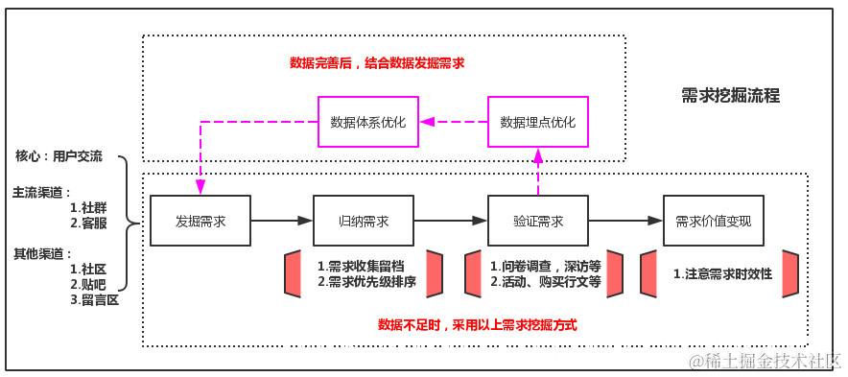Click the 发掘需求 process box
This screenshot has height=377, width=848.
pyautogui.click(x=200, y=220)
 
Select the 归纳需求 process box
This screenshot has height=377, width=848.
pyautogui.click(x=364, y=220)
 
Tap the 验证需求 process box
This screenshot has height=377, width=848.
pyautogui.click(x=538, y=220)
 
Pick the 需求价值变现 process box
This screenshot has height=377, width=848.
pyautogui.click(x=713, y=220)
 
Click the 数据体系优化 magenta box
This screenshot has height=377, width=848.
pyautogui.click(x=368, y=122)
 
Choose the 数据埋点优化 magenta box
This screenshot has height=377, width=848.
pyautogui.click(x=538, y=122)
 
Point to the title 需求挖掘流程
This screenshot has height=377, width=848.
pyautogui.click(x=730, y=95)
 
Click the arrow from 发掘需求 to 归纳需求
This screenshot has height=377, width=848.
pyautogui.click(x=282, y=221)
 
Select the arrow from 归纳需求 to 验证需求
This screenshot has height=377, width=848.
pyautogui.click(x=451, y=221)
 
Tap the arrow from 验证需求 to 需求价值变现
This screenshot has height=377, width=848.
pyautogui.click(x=625, y=221)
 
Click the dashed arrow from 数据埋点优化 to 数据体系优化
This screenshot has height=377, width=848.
pyautogui.click(x=454, y=122)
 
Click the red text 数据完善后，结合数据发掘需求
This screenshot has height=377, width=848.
pyautogui.click(x=377, y=63)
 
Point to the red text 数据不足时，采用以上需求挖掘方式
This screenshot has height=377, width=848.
pyautogui.click(x=477, y=324)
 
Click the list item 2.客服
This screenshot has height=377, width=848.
pyautogui.click(x=87, y=222)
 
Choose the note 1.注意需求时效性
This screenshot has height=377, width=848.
pyautogui.click(x=721, y=273)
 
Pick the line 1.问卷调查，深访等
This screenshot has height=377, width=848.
pyautogui.click(x=545, y=266)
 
